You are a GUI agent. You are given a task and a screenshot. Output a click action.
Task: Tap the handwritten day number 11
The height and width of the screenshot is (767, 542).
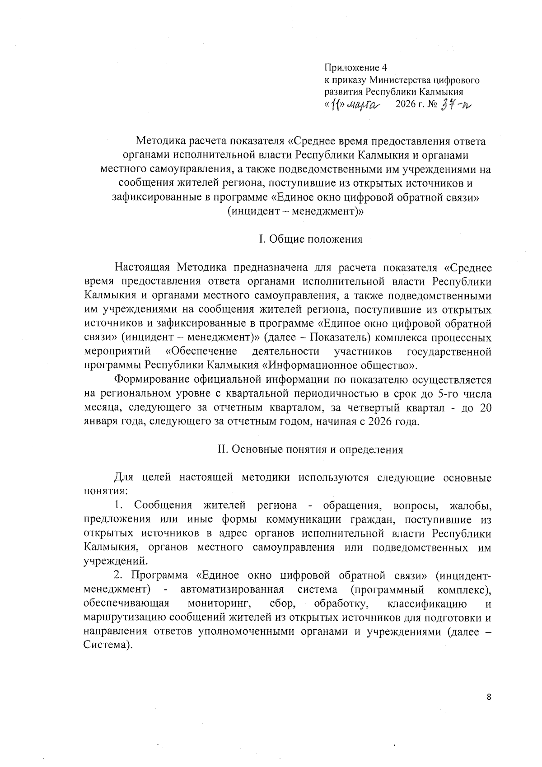(x=335, y=106)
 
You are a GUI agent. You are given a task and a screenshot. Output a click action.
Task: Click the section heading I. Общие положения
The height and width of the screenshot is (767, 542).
(x=310, y=239)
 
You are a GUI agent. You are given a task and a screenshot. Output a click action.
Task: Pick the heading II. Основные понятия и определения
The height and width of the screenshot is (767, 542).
(x=310, y=449)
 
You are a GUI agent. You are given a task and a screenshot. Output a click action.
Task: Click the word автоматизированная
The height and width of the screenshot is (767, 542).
(x=232, y=590)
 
